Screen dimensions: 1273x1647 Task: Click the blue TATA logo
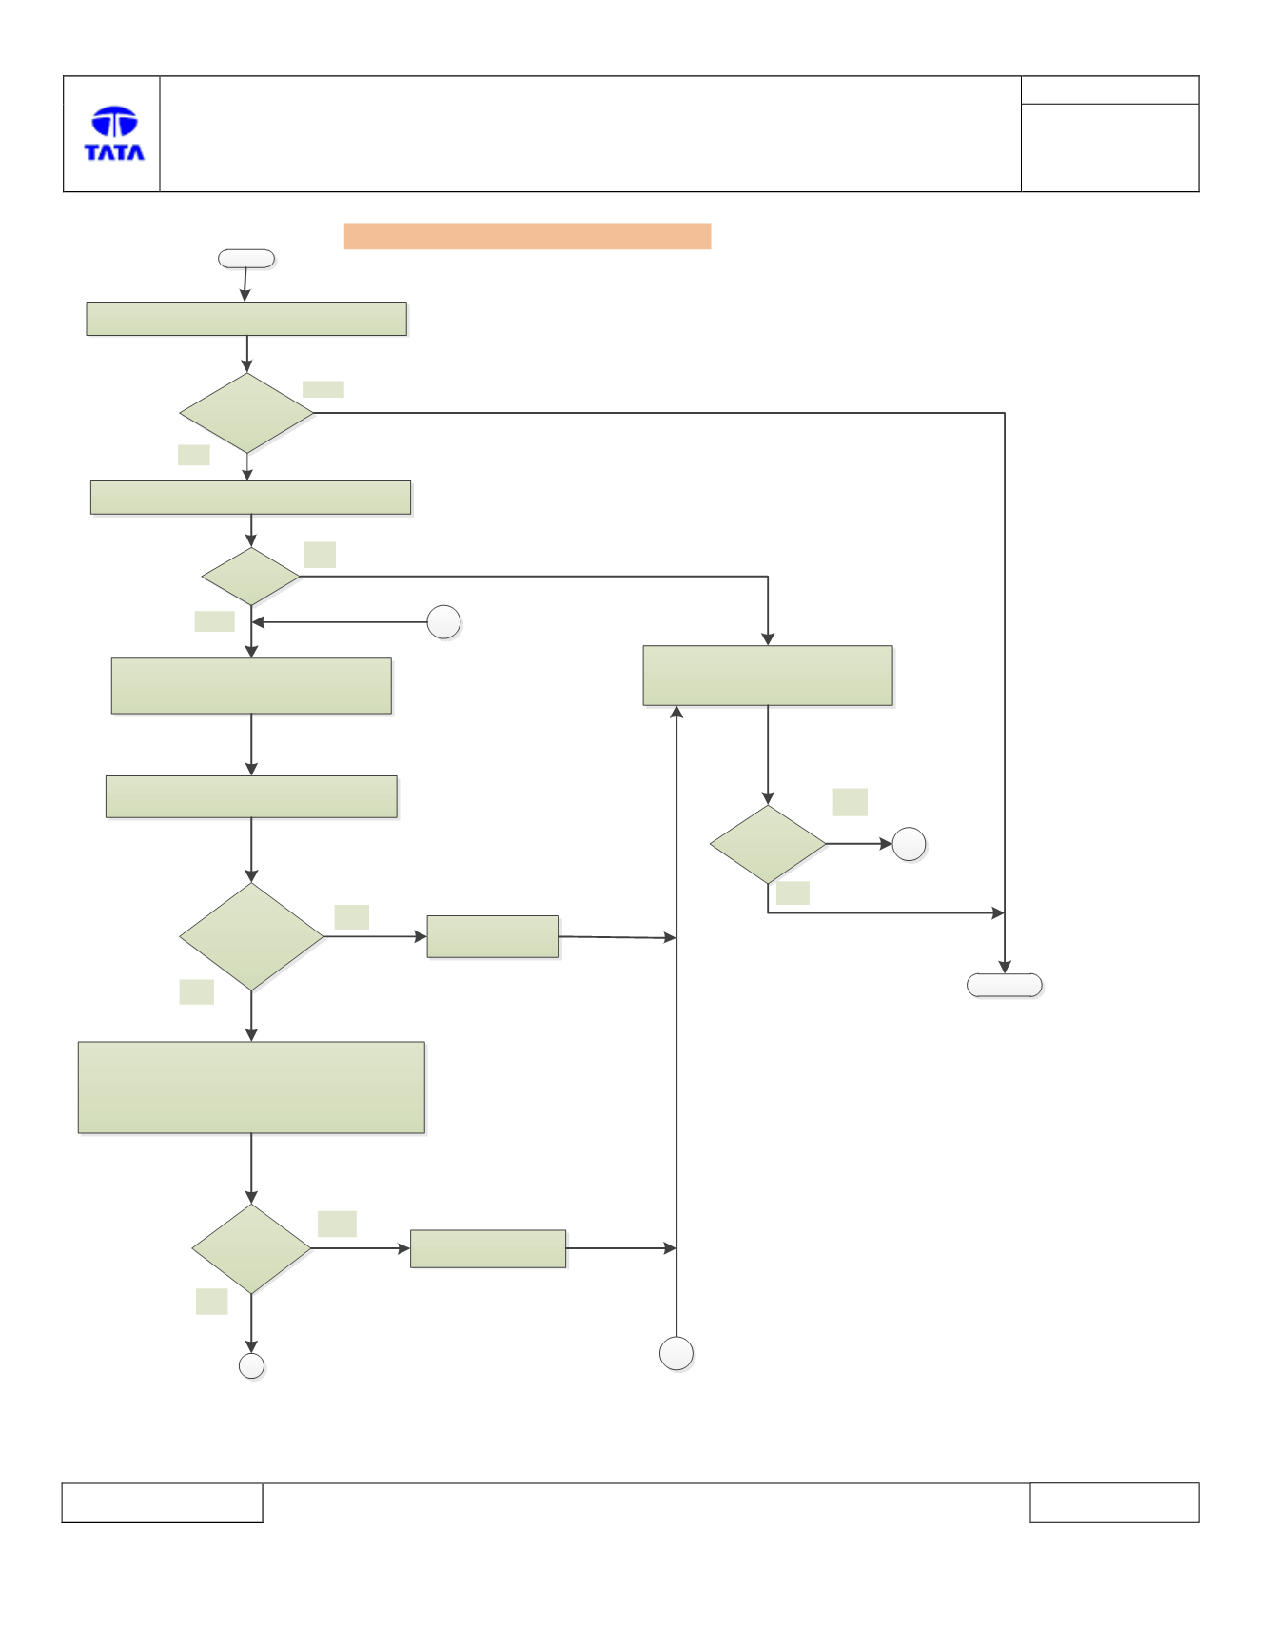(x=114, y=133)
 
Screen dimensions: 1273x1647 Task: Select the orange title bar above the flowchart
(x=527, y=236)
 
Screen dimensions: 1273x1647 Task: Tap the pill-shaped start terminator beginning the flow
(x=246, y=259)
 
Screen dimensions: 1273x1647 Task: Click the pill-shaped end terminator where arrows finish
(x=1005, y=985)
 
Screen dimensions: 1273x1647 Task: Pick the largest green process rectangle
(x=251, y=1088)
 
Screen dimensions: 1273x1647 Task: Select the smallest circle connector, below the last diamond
(x=251, y=1366)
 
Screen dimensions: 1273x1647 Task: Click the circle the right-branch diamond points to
(x=909, y=844)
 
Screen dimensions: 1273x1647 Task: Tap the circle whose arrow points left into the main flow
(x=443, y=622)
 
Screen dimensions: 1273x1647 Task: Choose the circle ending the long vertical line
(x=676, y=1353)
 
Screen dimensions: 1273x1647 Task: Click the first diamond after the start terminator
(x=246, y=413)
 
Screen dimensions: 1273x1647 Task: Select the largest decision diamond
(x=251, y=936)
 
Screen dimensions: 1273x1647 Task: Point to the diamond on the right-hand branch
(x=768, y=844)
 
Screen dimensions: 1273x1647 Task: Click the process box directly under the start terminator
(x=246, y=319)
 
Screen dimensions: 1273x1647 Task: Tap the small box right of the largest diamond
(x=493, y=936)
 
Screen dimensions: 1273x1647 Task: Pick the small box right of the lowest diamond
(x=488, y=1248)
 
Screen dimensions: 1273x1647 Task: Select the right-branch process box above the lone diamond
(x=768, y=676)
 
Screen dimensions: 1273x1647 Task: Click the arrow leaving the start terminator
(x=245, y=284)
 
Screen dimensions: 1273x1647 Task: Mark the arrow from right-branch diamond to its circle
(x=859, y=844)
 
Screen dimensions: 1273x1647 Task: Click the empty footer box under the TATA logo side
(x=162, y=1502)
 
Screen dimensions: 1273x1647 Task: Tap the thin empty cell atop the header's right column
(x=1109, y=90)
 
